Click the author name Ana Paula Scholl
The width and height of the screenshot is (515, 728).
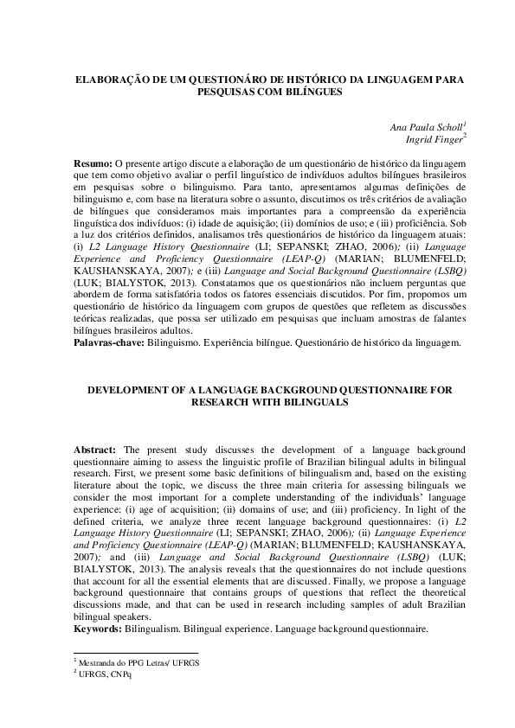click(428, 126)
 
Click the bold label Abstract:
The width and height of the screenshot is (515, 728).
click(94, 450)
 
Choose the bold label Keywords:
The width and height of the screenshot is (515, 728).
click(98, 629)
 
